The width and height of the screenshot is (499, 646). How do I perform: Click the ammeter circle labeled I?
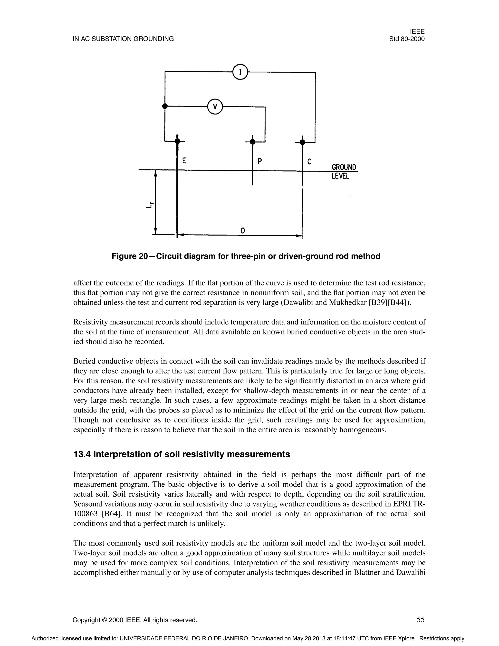tap(240, 72)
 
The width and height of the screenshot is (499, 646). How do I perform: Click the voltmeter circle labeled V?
tap(215, 107)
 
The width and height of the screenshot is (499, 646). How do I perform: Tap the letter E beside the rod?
tap(184, 161)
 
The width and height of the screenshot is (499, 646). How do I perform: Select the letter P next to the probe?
tap(259, 161)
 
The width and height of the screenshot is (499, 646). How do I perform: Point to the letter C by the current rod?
tap(309, 161)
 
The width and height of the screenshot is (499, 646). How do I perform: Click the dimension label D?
tap(243, 230)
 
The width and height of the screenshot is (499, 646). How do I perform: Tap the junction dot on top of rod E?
tap(177, 141)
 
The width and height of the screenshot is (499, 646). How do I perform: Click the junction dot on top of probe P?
tap(252, 142)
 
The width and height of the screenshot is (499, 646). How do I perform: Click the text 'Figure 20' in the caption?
tap(129, 256)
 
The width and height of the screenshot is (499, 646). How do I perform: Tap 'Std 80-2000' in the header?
tap(407, 39)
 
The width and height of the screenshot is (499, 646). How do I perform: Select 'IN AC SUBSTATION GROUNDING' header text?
tap(123, 39)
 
